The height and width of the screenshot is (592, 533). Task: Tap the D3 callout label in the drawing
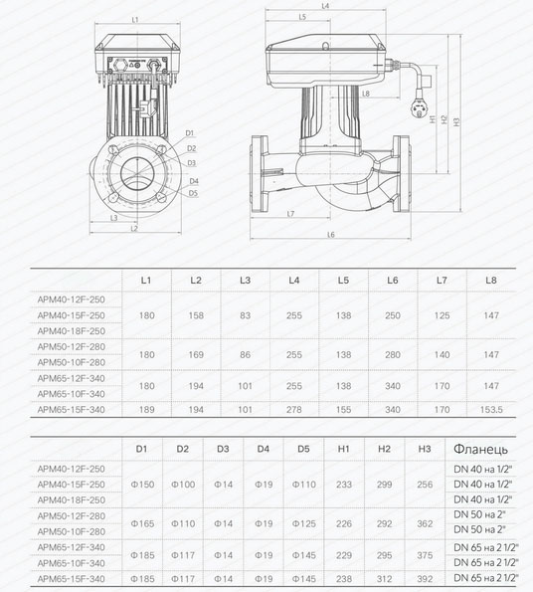(191, 162)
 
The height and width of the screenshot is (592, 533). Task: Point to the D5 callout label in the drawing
(193, 193)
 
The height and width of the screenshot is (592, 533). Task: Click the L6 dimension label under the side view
(330, 235)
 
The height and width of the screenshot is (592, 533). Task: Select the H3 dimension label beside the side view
(455, 122)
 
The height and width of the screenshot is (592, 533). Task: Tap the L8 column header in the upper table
(490, 282)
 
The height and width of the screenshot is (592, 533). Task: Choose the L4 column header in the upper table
(293, 282)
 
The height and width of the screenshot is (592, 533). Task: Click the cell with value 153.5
(490, 409)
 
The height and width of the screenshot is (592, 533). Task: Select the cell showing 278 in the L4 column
(293, 409)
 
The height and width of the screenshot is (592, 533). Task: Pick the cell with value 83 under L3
(245, 314)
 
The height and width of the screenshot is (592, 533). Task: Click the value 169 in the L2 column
(196, 353)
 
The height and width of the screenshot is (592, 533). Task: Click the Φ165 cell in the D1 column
(142, 522)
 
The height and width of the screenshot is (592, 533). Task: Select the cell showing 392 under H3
(425, 577)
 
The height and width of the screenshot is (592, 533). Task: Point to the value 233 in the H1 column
(344, 484)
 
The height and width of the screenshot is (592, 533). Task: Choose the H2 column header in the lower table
(385, 449)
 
